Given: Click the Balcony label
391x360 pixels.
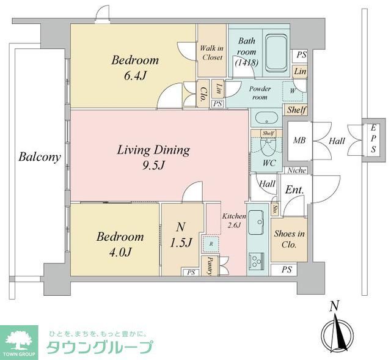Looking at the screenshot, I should click(x=39, y=157).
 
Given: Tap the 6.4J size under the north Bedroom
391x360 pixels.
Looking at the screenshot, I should click(x=134, y=76).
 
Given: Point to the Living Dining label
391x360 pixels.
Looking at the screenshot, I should click(x=154, y=150).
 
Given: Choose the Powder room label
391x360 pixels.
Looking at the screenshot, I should click(x=259, y=93).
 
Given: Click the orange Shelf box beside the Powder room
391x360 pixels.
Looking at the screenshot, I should click(x=296, y=110).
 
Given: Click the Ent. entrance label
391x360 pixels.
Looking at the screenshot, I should click(x=294, y=190).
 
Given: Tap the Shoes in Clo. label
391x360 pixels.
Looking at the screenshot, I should click(x=289, y=239).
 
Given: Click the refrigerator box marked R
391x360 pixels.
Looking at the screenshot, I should click(x=211, y=243).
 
